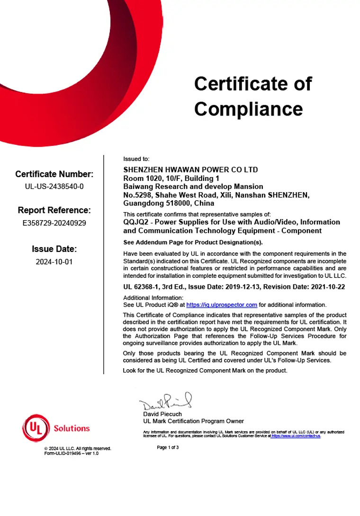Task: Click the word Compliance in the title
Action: pyautogui.click(x=248, y=109)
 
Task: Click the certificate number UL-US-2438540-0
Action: pyautogui.click(x=54, y=186)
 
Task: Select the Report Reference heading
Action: pyautogui.click(x=54, y=210)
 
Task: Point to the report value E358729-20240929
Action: pyautogui.click(x=54, y=222)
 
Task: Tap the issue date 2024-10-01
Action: pyautogui.click(x=54, y=261)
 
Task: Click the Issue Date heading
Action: pyautogui.click(x=54, y=249)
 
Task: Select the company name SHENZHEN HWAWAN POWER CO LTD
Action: pyautogui.click(x=190, y=169)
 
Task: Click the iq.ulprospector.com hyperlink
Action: pyautogui.click(x=222, y=305)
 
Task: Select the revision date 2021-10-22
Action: pyautogui.click(x=329, y=286)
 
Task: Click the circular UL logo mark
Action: pyautogui.click(x=36, y=428)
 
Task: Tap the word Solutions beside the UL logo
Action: pyautogui.click(x=72, y=428)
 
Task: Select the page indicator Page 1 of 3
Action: pyautogui.click(x=168, y=447)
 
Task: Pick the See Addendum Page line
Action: pyautogui.click(x=193, y=242)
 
